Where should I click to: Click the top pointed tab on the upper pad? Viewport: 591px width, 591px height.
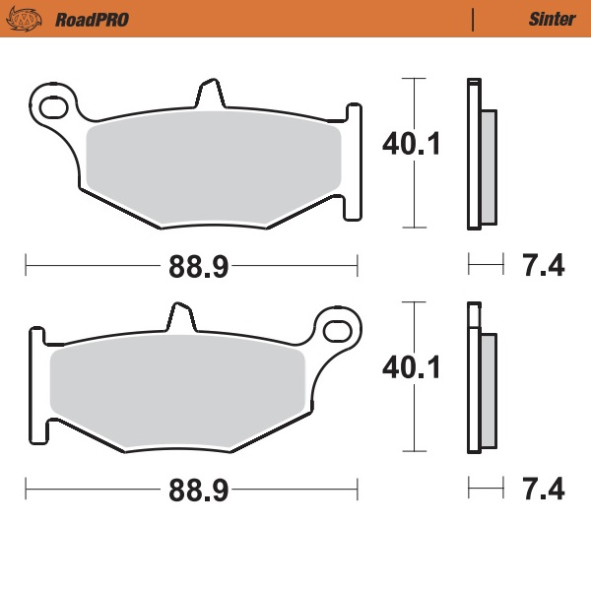(208, 94)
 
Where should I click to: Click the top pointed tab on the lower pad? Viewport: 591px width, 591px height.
(179, 317)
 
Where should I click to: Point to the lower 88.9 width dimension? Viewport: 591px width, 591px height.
(191, 489)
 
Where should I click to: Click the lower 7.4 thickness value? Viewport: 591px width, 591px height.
(541, 489)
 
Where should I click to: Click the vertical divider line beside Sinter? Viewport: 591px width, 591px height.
(474, 19)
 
